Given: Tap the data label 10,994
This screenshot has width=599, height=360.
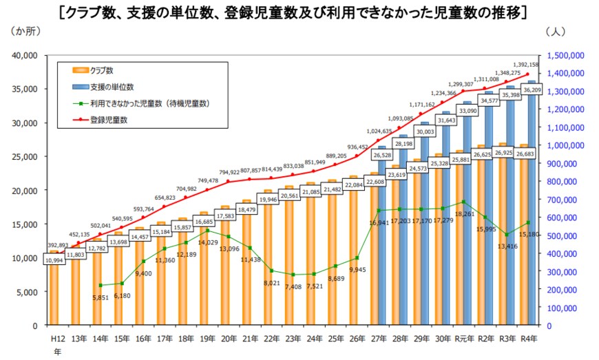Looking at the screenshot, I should point(55,260).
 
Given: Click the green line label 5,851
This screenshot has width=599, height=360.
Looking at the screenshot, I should point(101,297).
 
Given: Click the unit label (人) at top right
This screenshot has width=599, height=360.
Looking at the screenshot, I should point(556,32).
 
